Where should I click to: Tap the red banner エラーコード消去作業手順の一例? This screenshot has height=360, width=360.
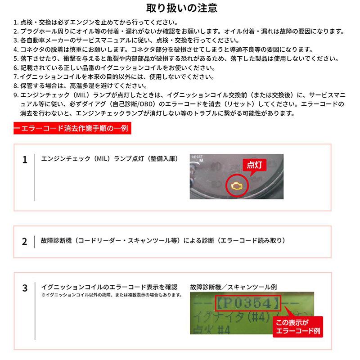[72, 128]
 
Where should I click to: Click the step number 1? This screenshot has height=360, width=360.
[25, 160]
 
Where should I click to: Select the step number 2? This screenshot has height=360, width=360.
[25, 241]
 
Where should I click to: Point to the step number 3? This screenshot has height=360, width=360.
[25, 288]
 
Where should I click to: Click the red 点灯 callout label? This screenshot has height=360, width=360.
[255, 165]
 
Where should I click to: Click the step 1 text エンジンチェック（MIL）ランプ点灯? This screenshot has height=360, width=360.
[109, 159]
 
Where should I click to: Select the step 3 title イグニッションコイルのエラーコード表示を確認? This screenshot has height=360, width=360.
[109, 287]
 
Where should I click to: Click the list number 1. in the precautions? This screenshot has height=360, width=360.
[16, 22]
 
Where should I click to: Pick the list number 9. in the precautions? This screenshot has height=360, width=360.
[16, 95]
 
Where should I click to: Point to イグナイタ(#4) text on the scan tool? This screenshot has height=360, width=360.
[229, 316]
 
